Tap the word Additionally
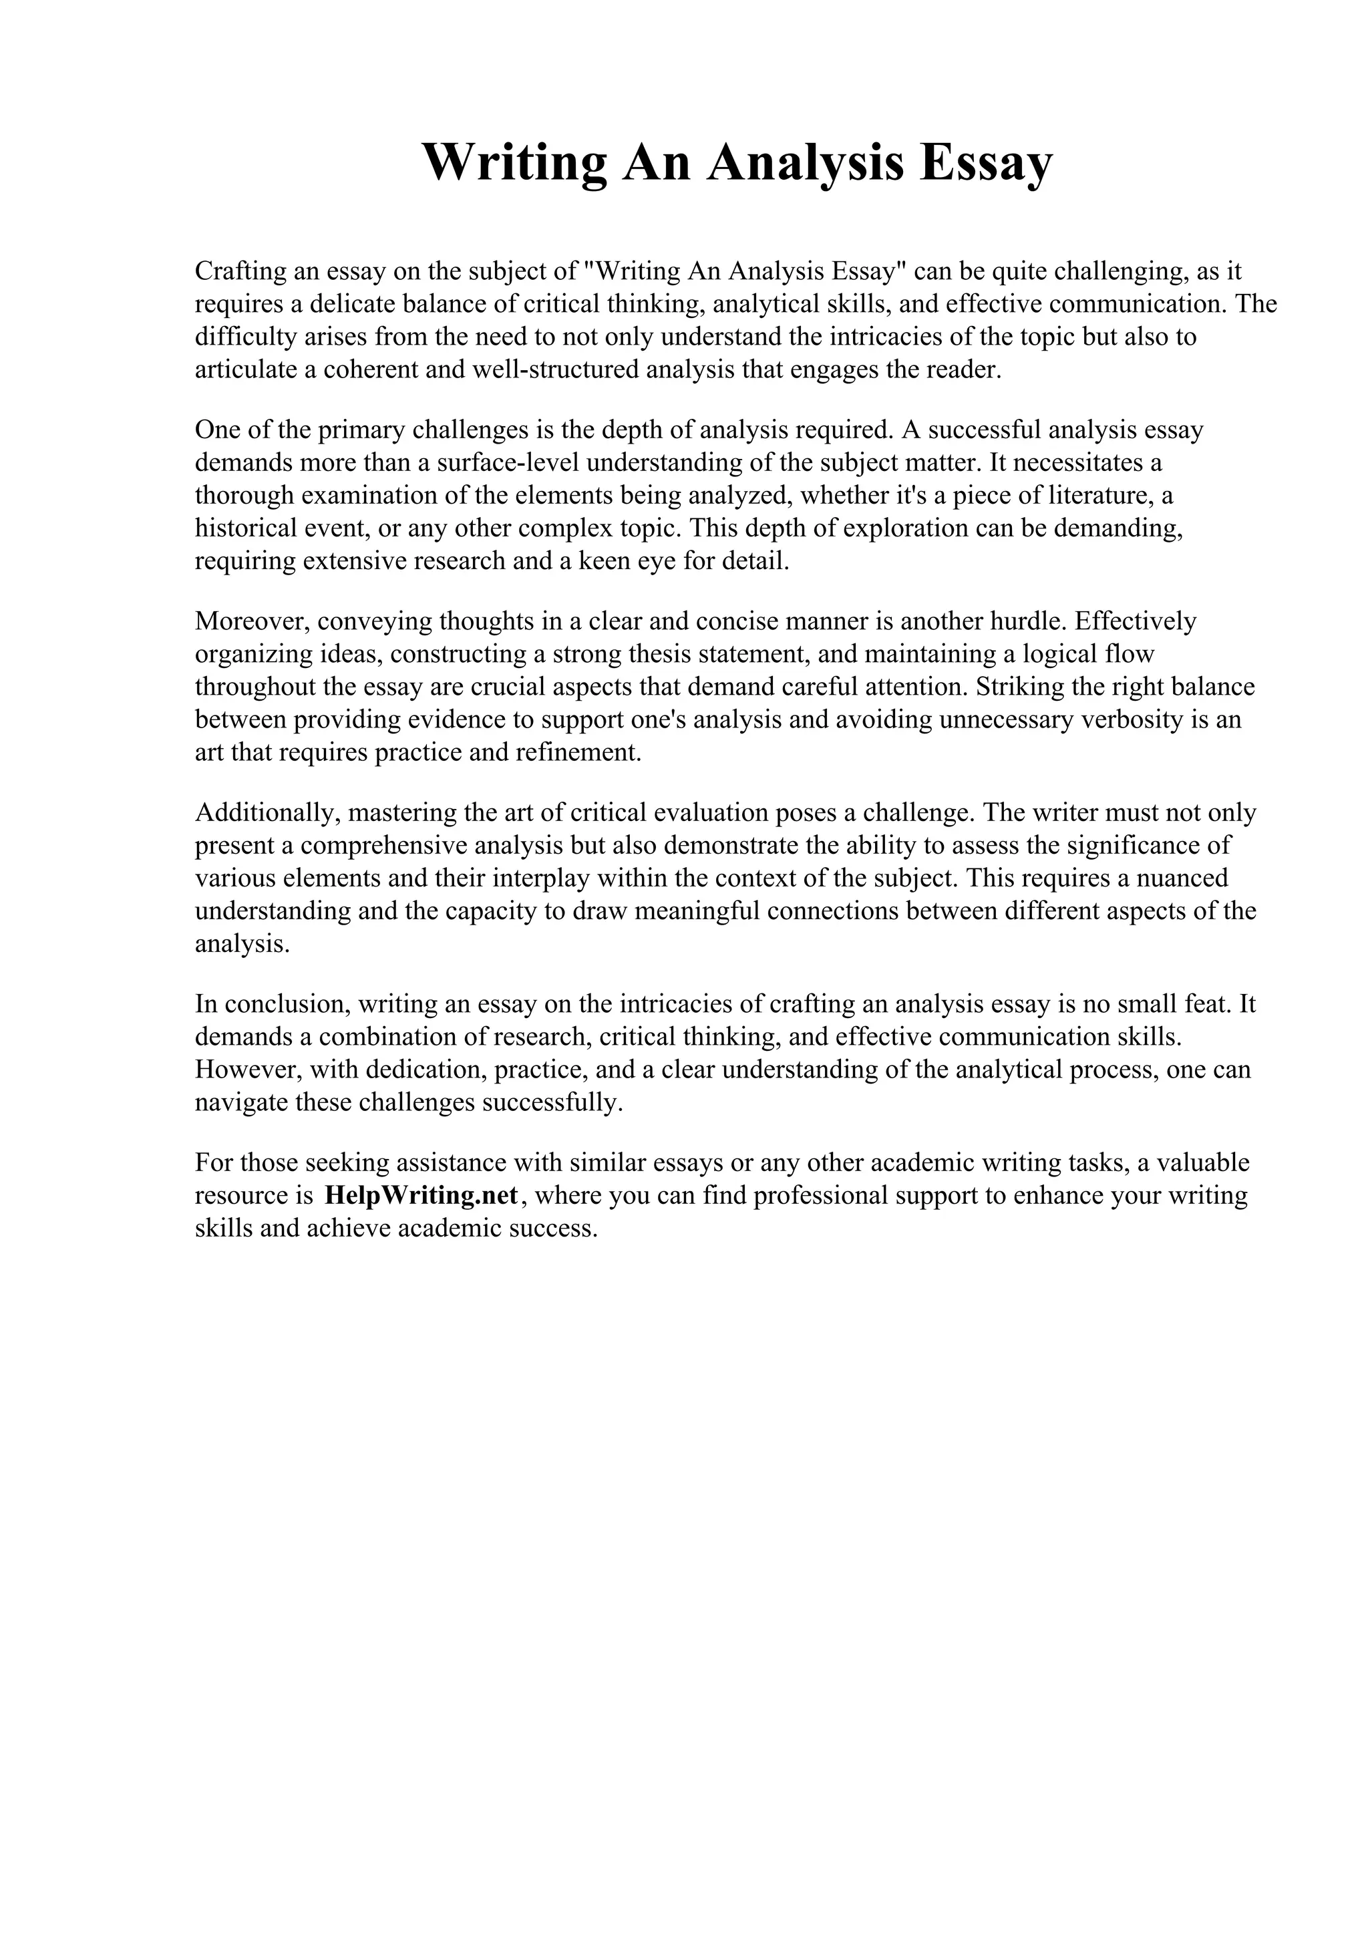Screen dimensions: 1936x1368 [267, 813]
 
